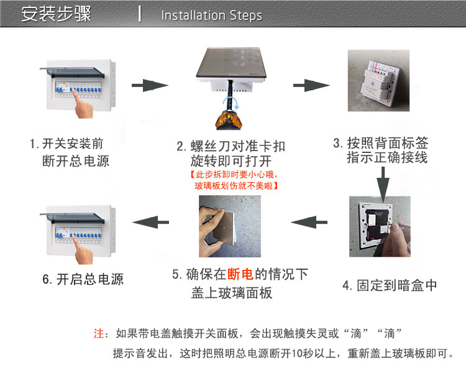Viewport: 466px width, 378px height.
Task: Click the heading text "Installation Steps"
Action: click(211, 16)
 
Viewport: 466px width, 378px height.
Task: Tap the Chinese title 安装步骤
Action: click(56, 14)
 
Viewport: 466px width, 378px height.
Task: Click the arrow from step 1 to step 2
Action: click(151, 85)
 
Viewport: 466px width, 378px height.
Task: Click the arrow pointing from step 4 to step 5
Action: click(309, 220)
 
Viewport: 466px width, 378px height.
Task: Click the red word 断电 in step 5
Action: click(241, 274)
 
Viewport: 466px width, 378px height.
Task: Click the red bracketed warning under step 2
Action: click(231, 180)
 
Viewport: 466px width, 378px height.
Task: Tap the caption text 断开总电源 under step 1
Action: click(75, 161)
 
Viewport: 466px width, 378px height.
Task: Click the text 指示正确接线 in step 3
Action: click(387, 157)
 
